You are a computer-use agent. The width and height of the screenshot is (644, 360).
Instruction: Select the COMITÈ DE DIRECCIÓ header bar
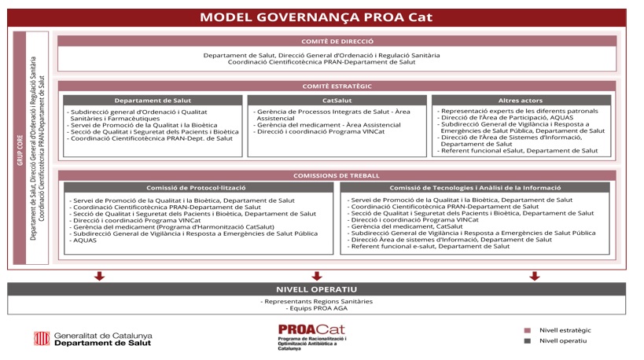[337, 42]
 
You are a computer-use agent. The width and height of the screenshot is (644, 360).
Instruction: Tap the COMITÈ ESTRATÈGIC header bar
[337, 86]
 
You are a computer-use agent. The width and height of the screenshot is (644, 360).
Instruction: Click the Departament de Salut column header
[153, 101]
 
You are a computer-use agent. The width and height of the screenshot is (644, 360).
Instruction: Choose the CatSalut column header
[337, 101]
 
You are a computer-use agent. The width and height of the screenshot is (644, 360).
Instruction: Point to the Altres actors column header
[521, 101]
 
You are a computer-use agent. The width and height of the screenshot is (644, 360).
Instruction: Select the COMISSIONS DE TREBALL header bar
[337, 176]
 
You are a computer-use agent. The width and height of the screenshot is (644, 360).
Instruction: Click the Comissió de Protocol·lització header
[196, 188]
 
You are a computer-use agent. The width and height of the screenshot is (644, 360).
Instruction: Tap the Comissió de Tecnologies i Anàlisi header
[475, 188]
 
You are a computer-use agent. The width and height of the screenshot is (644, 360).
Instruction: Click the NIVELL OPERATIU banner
[316, 289]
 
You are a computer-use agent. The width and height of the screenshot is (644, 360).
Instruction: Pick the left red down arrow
[99, 276]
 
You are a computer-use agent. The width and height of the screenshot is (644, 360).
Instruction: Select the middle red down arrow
[317, 276]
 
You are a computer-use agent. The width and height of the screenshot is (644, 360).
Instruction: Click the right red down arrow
[535, 276]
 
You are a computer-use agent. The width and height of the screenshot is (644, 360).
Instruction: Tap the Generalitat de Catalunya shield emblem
[41, 339]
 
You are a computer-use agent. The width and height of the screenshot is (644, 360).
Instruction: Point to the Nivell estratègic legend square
[528, 331]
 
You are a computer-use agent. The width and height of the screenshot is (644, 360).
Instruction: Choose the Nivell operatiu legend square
[528, 341]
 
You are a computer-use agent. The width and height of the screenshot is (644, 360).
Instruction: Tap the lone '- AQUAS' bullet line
[85, 241]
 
